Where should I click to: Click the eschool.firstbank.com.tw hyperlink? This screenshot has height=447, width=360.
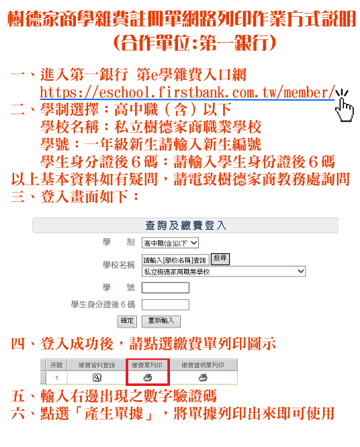(187, 93)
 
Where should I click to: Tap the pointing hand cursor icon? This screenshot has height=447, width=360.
(344, 106)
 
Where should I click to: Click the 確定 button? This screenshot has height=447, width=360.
(127, 321)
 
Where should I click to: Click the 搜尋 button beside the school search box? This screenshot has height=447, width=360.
(220, 259)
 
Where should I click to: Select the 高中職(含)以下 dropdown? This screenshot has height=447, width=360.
(170, 243)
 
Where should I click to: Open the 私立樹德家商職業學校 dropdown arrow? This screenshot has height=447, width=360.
(301, 271)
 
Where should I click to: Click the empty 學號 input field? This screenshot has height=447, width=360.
(165, 287)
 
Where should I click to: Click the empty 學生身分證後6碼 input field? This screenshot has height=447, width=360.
(165, 305)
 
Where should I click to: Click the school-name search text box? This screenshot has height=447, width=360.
(175, 260)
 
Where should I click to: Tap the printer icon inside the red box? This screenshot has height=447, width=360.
(148, 378)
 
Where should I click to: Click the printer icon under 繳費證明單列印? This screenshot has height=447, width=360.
(203, 378)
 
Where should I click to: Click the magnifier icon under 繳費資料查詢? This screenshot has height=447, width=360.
(97, 378)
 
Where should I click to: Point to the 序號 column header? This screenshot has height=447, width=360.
(56, 365)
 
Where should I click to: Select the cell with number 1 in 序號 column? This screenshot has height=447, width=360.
(57, 378)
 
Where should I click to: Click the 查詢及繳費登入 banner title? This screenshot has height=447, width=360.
(185, 226)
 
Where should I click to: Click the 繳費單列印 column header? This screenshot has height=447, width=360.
(147, 365)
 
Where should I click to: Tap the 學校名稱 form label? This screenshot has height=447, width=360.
(118, 265)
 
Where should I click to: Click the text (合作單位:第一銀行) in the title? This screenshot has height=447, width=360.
(195, 44)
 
